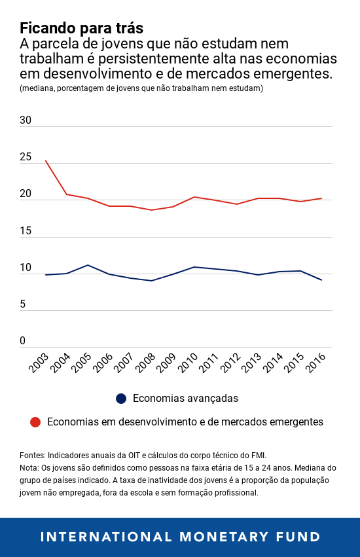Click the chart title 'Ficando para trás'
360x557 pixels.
tap(81, 29)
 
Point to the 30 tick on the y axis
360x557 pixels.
tap(26, 120)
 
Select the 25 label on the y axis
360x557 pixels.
tap(26, 157)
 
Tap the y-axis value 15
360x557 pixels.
tap(26, 231)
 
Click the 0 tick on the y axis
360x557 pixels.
tap(23, 341)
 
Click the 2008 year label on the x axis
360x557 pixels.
tap(145, 364)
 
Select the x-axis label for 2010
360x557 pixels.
tap(188, 364)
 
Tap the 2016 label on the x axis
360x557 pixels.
tap(315, 364)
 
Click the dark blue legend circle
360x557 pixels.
tap(121, 399)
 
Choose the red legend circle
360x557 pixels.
tap(35, 422)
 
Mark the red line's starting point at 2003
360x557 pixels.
tap(45, 160)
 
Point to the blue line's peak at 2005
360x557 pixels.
tap(88, 265)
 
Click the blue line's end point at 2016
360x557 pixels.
tap(321, 280)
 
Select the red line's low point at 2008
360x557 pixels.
tap(152, 210)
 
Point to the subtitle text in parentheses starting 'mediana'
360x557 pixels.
tap(141, 88)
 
